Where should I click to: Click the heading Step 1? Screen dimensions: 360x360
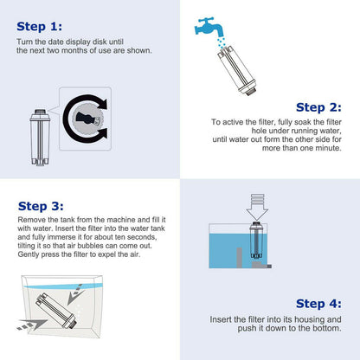(x=39, y=27)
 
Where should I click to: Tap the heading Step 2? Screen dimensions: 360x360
(x=318, y=107)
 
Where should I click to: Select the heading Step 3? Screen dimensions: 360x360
(x=41, y=206)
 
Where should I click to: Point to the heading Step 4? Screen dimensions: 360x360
(x=318, y=304)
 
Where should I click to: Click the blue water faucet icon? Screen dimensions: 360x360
(x=209, y=26)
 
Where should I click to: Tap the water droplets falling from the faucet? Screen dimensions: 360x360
(x=222, y=42)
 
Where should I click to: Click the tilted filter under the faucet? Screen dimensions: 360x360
(x=236, y=70)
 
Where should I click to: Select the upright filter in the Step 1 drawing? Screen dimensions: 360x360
(x=40, y=138)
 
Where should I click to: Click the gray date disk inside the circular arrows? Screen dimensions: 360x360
(x=87, y=119)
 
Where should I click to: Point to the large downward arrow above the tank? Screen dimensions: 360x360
(x=257, y=207)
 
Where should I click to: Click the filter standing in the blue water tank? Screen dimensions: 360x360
(x=256, y=241)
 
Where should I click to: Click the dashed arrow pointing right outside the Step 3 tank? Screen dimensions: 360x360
(x=32, y=325)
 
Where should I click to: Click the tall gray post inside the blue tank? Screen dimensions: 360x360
(x=240, y=257)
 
